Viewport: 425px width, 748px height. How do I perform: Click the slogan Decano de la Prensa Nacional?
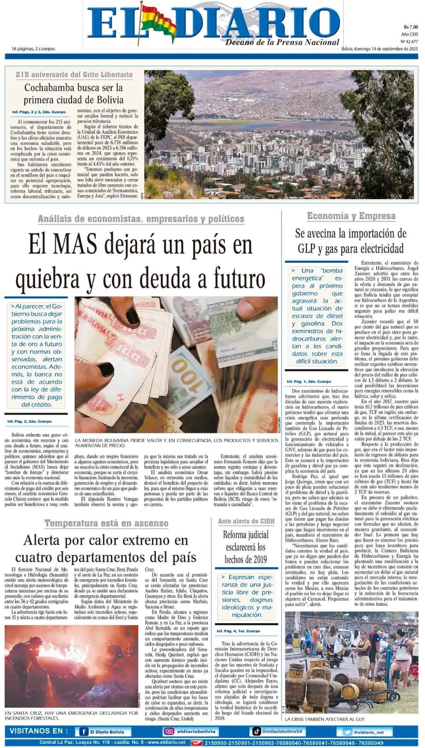[x=282, y=43]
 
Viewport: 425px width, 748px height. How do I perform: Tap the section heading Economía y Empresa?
[x=351, y=216]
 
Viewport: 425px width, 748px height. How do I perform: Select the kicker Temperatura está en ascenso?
[x=106, y=523]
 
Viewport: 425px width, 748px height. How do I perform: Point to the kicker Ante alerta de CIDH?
[x=246, y=521]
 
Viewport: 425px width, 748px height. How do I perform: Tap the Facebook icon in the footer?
[x=84, y=732]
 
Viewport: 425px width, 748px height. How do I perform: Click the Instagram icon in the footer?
[x=168, y=732]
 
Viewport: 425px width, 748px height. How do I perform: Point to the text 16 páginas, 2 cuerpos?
[x=33, y=49]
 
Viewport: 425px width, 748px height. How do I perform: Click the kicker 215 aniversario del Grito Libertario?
[x=74, y=75]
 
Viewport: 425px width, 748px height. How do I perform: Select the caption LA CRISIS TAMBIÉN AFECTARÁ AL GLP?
[x=324, y=719]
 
